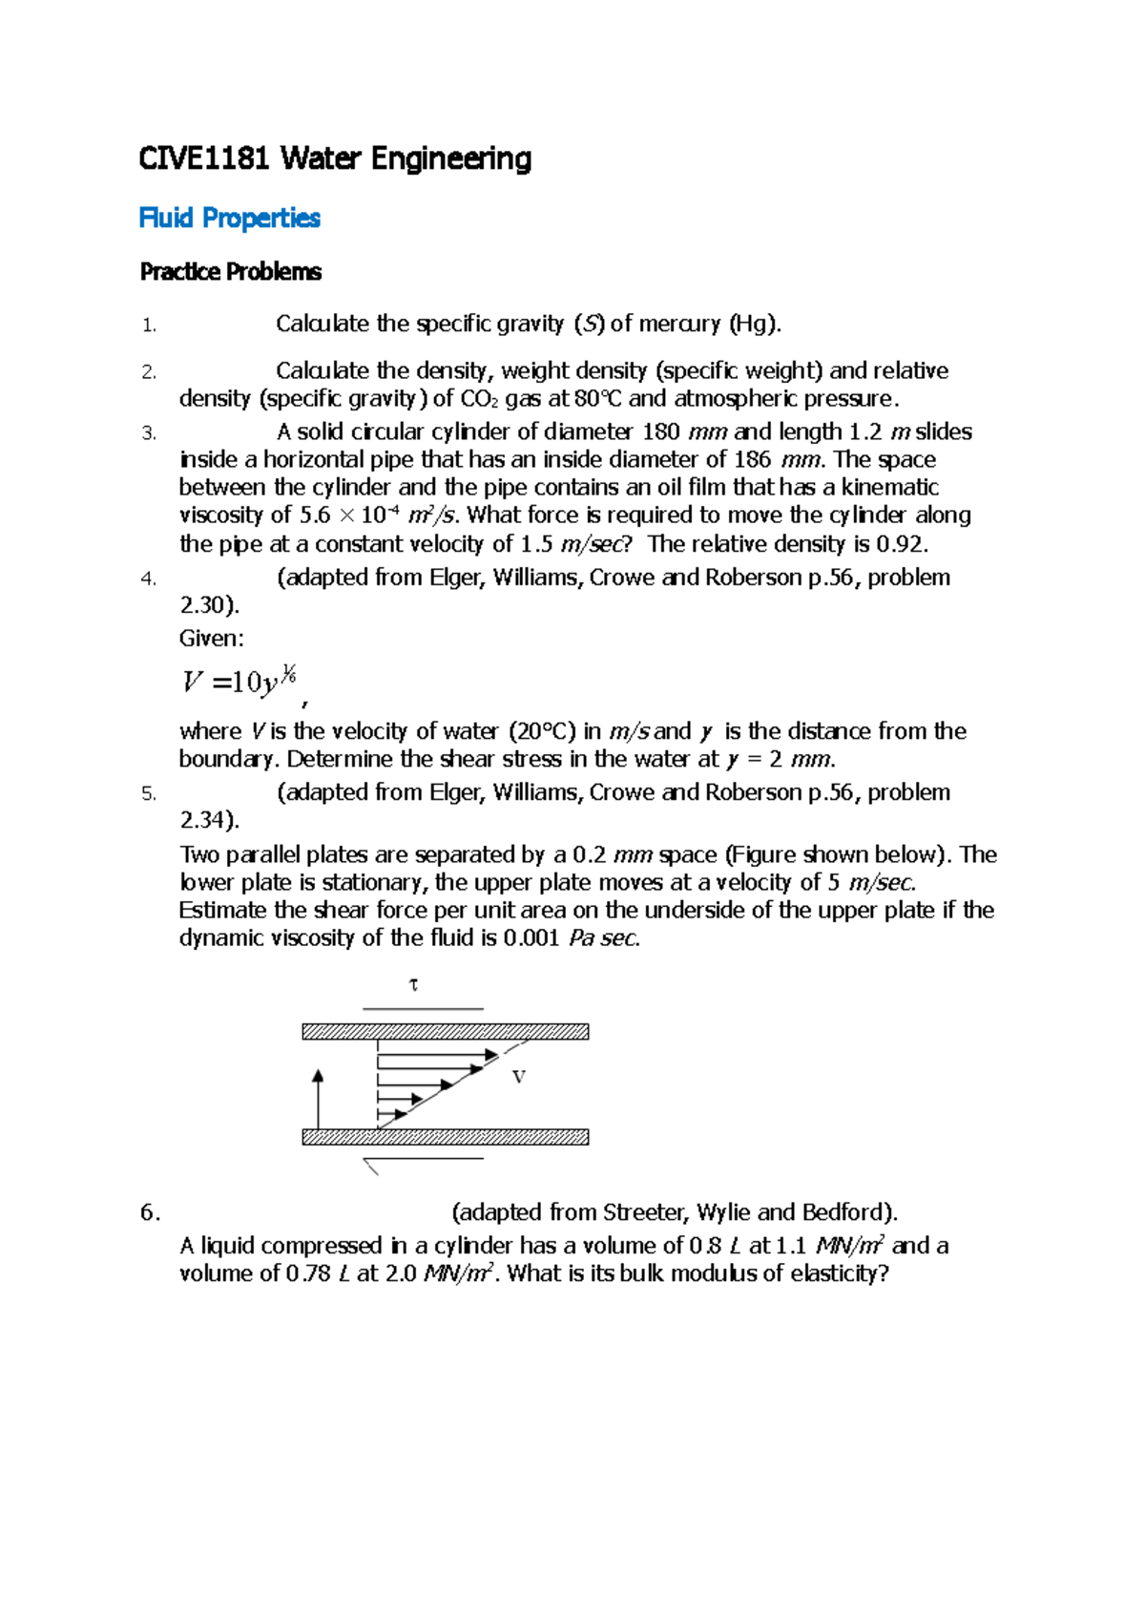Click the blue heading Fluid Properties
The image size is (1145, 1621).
[x=229, y=219]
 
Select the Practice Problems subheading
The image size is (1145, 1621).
[x=230, y=272]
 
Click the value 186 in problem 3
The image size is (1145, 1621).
[x=752, y=460]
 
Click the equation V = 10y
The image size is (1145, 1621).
[x=239, y=682]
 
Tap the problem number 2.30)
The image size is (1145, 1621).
[x=209, y=605]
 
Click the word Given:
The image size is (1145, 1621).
[x=211, y=638]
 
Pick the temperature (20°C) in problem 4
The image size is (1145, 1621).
[x=542, y=731]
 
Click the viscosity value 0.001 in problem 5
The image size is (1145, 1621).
[x=531, y=938]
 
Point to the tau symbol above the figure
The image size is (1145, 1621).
[x=413, y=984]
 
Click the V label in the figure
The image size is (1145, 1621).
[x=519, y=1077]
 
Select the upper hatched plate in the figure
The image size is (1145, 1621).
[x=445, y=1031]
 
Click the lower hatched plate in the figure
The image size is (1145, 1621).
[x=445, y=1137]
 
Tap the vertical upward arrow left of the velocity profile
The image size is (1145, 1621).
[x=318, y=1098]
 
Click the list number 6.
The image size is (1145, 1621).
[x=149, y=1212]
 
